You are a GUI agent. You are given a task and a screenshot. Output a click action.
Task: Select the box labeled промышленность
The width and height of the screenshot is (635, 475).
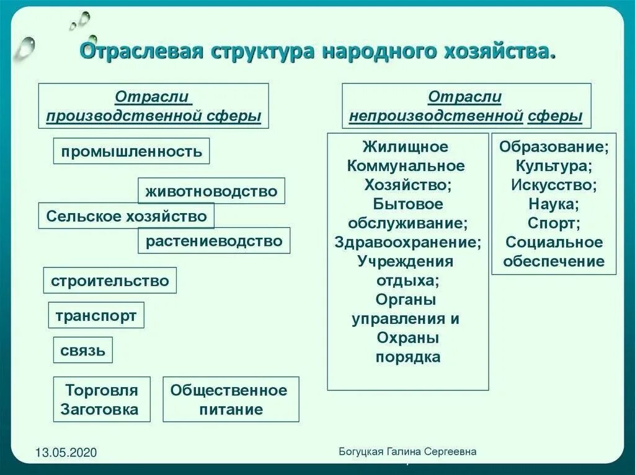[131, 151]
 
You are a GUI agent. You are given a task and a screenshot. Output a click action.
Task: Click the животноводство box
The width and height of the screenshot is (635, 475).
[211, 191]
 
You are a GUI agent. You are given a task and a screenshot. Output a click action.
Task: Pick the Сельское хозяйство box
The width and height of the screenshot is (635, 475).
[127, 216]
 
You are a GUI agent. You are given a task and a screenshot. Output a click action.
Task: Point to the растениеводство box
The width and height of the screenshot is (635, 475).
[214, 240]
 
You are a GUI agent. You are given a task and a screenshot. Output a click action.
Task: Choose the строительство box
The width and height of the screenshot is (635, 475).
[110, 281]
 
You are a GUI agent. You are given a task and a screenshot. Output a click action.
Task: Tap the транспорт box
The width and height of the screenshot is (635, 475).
[96, 315]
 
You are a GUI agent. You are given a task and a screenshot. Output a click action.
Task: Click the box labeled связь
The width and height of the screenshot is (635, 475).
[82, 351]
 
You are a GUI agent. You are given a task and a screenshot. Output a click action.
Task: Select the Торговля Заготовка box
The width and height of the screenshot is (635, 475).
[102, 399]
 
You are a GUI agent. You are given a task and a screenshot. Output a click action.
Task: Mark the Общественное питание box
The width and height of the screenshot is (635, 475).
[231, 399]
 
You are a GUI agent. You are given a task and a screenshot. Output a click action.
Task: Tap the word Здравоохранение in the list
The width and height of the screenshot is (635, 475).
[407, 242]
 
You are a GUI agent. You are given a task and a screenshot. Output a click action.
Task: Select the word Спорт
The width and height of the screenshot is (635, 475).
[554, 222]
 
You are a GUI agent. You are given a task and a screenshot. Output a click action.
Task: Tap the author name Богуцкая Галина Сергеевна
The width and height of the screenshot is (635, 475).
[407, 451]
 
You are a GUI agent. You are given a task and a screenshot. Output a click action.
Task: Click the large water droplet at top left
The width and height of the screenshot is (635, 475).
[25, 47]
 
